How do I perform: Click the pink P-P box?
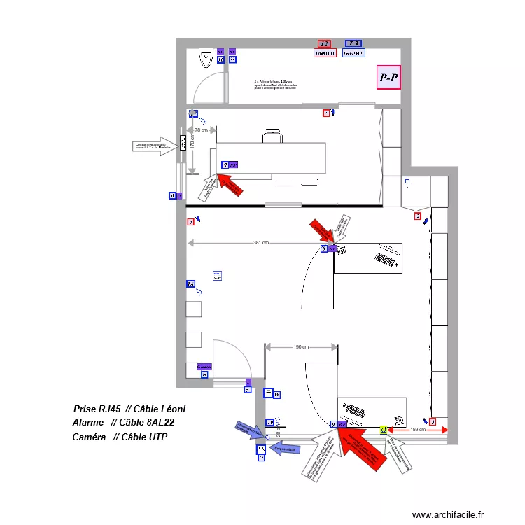[389, 77]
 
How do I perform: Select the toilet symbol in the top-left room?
[206, 57]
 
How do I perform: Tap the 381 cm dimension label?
[261, 243]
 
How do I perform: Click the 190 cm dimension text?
[301, 346]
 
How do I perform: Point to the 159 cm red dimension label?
[416, 429]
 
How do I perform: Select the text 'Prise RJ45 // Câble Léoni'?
[129, 409]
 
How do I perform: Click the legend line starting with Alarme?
[123, 423]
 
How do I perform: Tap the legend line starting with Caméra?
[120, 437]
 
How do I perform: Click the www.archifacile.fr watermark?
[447, 514]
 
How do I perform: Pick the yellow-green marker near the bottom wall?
[383, 430]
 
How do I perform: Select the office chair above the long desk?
[273, 135]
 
